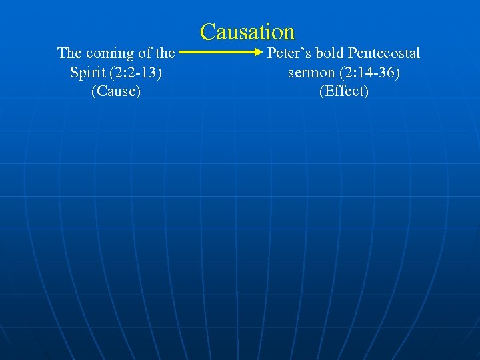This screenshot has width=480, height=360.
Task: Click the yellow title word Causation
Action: tap(247, 31)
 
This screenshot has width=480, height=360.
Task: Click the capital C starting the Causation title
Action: tap(208, 31)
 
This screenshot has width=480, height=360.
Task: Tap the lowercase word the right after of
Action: tap(165, 53)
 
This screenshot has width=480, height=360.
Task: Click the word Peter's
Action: tap(289, 53)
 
